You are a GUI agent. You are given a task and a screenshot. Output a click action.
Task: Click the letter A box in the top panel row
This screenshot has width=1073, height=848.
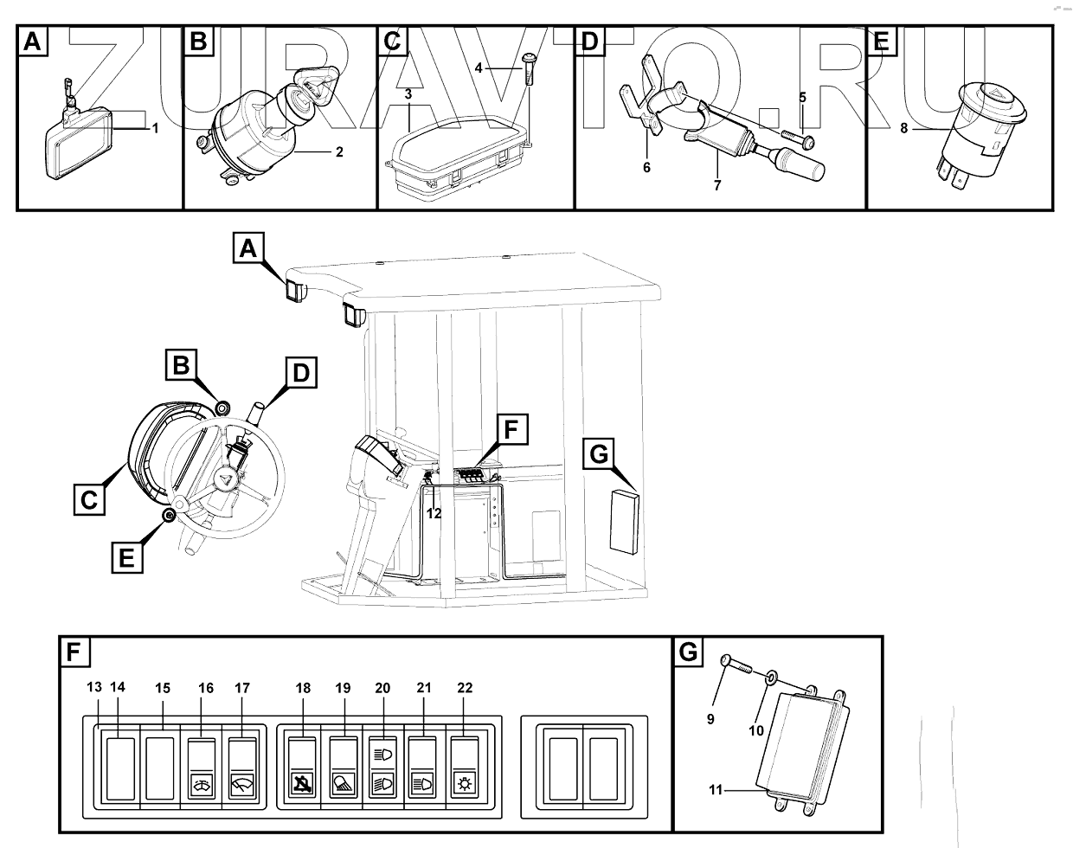31,41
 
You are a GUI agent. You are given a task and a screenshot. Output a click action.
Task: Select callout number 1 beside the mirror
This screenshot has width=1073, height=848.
155,128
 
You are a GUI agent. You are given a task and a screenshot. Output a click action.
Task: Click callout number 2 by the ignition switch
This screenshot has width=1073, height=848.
339,152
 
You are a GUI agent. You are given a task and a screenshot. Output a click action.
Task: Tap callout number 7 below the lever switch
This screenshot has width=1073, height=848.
717,184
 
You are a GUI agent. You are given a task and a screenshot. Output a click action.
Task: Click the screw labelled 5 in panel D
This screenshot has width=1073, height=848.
796,138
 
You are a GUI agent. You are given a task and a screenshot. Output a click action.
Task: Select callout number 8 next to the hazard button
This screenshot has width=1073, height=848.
903,129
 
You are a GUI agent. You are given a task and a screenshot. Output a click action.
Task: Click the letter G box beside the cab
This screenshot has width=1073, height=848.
601,454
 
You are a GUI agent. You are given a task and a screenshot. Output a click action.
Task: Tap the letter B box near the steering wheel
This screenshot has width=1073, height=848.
180,366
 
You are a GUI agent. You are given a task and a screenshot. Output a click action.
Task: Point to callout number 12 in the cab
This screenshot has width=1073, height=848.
434,513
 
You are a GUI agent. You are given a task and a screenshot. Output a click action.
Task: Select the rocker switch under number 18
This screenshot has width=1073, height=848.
303,768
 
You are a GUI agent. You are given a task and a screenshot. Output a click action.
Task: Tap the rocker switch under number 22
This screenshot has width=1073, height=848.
465,768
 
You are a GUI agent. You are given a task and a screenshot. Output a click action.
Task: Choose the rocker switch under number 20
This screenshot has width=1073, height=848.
383,768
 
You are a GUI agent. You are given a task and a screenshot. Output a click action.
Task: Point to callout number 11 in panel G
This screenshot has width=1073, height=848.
715,790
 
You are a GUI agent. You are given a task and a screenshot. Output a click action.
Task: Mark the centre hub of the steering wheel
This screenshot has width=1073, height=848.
225,481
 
